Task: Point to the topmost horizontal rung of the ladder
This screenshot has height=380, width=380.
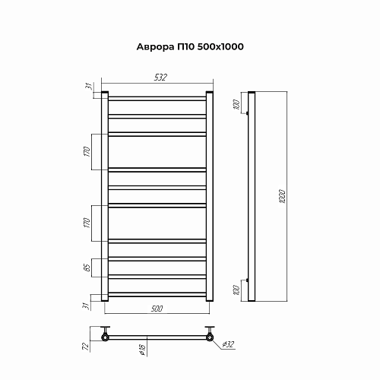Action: pos(157,97)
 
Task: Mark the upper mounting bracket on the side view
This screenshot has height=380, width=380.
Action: pos(248,116)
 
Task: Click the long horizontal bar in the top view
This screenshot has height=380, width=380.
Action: pos(157,336)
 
